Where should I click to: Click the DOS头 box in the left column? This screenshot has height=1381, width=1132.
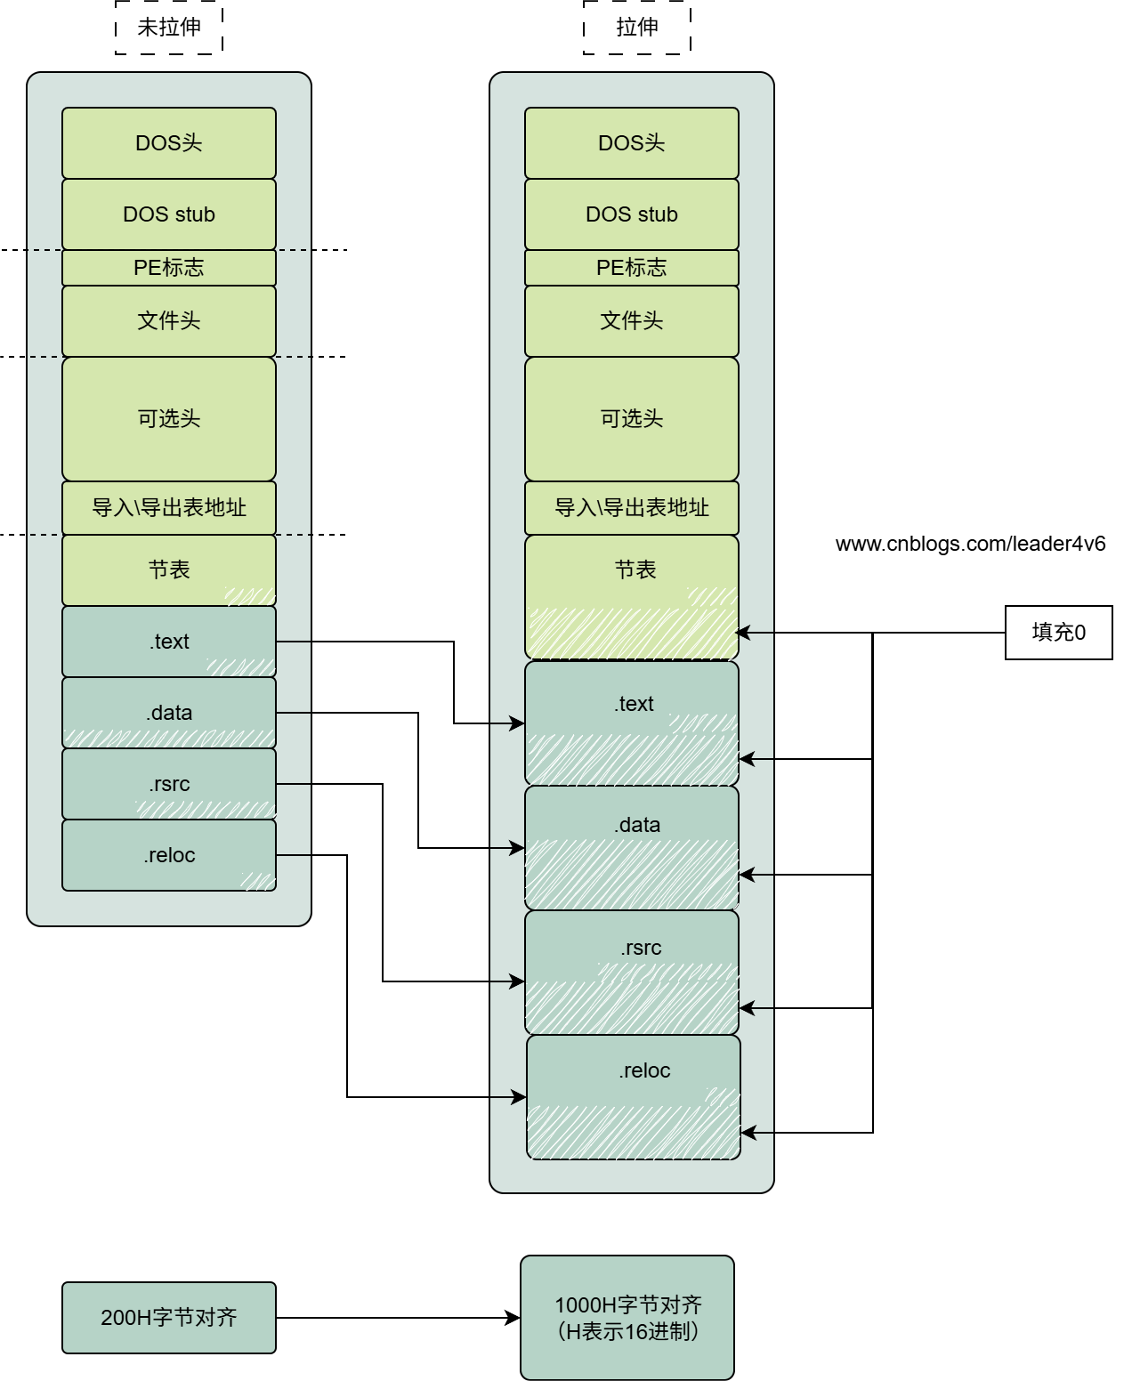click(169, 143)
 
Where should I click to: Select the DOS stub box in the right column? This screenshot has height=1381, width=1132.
click(632, 214)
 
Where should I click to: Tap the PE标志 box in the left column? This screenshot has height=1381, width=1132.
click(169, 268)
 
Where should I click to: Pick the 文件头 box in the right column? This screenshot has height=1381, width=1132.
click(632, 321)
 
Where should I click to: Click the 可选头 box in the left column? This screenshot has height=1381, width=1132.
click(169, 419)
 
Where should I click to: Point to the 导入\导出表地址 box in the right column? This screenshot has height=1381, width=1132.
click(632, 508)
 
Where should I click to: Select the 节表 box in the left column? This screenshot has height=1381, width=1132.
click(169, 570)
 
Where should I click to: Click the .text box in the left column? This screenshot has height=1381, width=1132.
click(169, 642)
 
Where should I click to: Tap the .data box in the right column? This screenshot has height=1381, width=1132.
click(632, 847)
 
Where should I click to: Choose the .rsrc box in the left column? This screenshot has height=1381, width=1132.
click(169, 784)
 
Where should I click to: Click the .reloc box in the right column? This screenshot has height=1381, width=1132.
click(634, 1096)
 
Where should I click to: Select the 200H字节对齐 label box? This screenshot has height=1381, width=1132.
click(169, 1318)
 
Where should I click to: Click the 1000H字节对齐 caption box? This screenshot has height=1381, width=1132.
click(627, 1318)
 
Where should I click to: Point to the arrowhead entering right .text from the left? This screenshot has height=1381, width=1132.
click(518, 723)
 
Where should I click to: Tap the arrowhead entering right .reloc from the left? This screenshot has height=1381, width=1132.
click(520, 1097)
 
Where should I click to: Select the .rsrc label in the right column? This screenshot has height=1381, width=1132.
click(641, 948)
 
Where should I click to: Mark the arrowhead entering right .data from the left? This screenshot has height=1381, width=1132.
click(518, 848)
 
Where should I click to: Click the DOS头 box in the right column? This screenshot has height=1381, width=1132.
click(632, 143)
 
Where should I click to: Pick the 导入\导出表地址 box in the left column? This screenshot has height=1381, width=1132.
click(169, 508)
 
